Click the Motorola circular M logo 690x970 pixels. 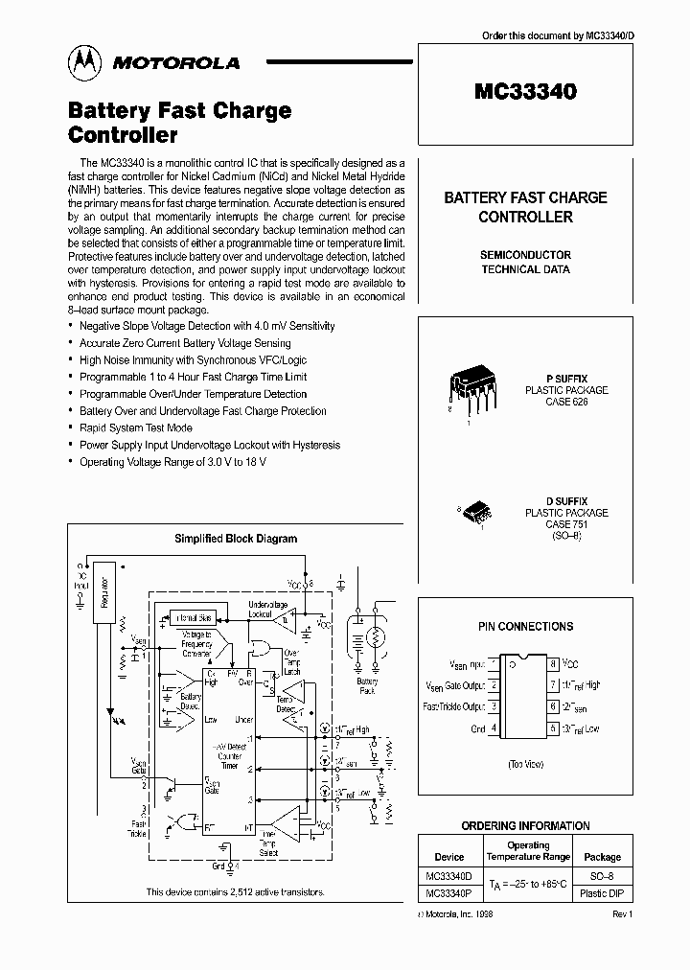tap(84, 61)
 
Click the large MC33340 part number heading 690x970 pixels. tap(525, 92)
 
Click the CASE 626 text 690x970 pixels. tap(566, 403)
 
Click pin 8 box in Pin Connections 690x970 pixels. tap(554, 663)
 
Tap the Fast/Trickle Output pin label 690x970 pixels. tap(454, 706)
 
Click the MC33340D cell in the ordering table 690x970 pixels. tap(449, 876)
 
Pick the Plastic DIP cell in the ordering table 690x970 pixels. tap(602, 893)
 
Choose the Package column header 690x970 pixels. tap(602, 857)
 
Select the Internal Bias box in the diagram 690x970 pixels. tap(193, 618)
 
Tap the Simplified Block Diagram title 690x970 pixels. tap(236, 539)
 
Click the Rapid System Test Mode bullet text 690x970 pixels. tap(136, 428)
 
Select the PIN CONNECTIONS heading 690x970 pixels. tap(525, 626)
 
